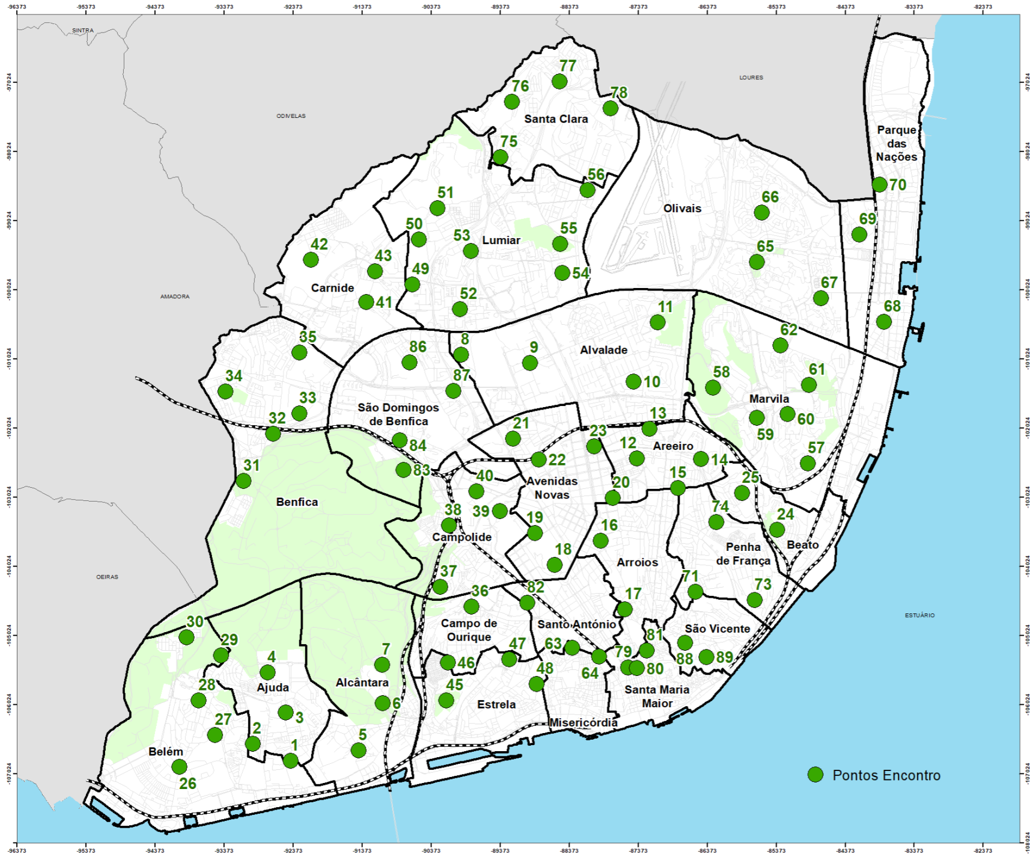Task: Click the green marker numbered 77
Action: [559, 81]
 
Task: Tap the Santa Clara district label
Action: [556, 119]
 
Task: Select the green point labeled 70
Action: [879, 184]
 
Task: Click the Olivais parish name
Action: [682, 209]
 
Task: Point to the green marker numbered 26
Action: [179, 767]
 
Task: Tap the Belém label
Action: [166, 752]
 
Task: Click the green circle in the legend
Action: [815, 775]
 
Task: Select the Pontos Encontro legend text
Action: [886, 775]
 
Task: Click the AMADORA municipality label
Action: [175, 296]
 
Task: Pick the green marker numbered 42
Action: [311, 260]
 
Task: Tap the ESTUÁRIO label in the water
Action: [919, 615]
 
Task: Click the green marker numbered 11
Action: [657, 322]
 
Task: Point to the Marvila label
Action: [769, 399]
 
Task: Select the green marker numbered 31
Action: [243, 481]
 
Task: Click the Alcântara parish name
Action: [362, 683]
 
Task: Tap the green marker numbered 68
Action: [883, 322]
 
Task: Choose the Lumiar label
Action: [501, 240]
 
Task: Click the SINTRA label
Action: [83, 30]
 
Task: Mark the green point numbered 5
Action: [358, 750]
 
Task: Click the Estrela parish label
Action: [496, 704]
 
